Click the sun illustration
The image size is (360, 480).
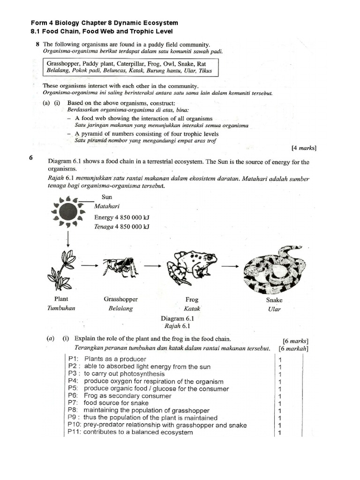click(68, 211)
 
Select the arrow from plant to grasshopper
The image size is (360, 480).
click(89, 265)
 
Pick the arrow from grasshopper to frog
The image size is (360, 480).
click(152, 265)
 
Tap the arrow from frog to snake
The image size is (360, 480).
click(230, 266)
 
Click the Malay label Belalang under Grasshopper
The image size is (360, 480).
click(120, 308)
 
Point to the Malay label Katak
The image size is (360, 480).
click(192, 309)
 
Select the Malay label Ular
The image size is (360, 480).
click(274, 309)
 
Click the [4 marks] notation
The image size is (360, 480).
click(304, 148)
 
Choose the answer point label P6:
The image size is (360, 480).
click(73, 396)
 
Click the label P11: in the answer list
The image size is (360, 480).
click(74, 432)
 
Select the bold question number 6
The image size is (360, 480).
click(31, 158)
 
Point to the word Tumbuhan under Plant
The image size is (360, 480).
click(61, 308)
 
